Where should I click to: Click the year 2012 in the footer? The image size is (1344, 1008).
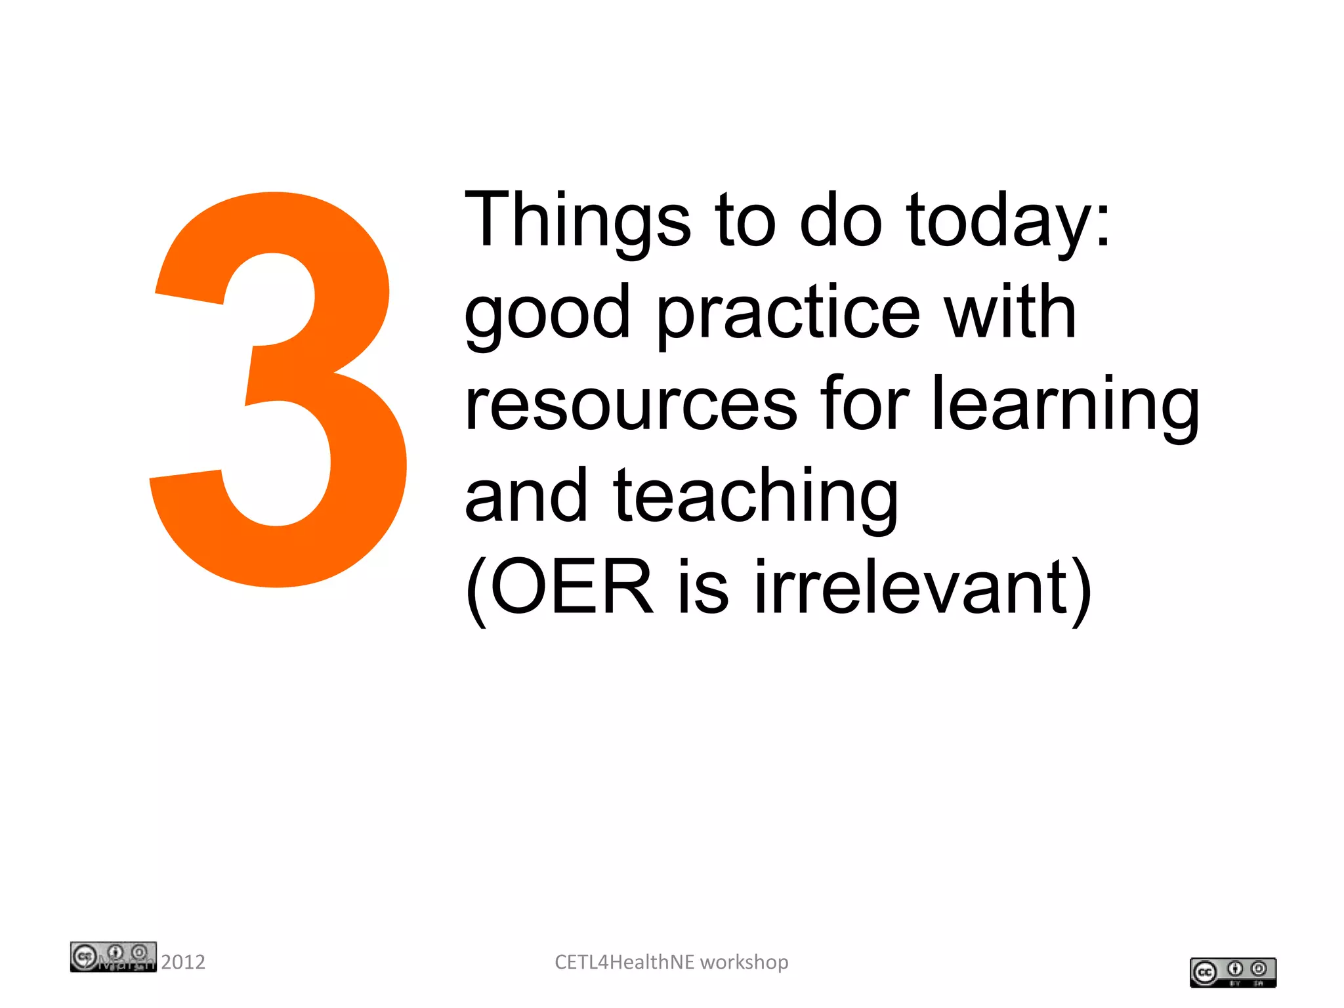[183, 962]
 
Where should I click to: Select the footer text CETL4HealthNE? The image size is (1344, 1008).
[624, 962]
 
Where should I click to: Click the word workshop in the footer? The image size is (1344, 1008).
[744, 963]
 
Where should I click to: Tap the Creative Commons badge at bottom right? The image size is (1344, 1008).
[1232, 972]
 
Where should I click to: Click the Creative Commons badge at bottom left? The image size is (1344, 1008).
[113, 956]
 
